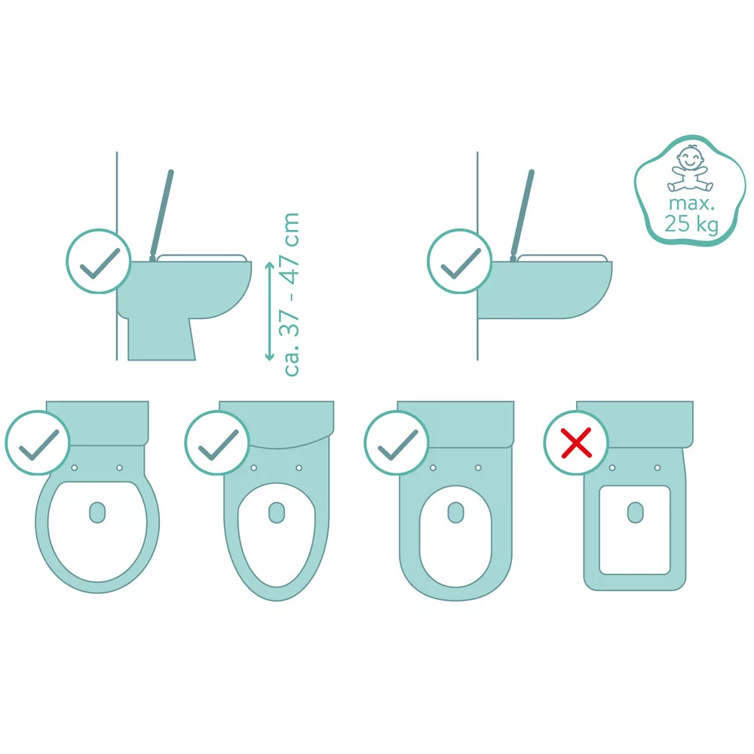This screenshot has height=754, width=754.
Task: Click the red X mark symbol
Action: pos(576,443)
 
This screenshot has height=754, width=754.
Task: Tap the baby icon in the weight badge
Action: pos(690,169)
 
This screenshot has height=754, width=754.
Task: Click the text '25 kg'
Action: pos(691,224)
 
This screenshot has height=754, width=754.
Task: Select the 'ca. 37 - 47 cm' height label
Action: pos(292,294)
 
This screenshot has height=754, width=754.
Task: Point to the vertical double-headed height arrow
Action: pos(269,311)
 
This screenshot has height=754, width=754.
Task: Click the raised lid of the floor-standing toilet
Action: pos(161,213)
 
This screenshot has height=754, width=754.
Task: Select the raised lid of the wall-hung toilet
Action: pos(523,213)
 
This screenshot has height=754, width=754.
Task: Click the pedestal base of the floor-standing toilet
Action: pos(161,339)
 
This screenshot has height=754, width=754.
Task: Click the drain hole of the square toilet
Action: pos(635,513)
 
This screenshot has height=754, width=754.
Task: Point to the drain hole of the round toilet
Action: pos(97,513)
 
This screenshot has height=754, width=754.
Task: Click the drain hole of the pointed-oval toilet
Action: pos(277,513)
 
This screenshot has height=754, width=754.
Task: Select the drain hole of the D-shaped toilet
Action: pos(456,513)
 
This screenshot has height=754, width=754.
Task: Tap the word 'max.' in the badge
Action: pos(691,204)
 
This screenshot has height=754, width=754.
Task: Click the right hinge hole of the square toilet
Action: pos(657,467)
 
